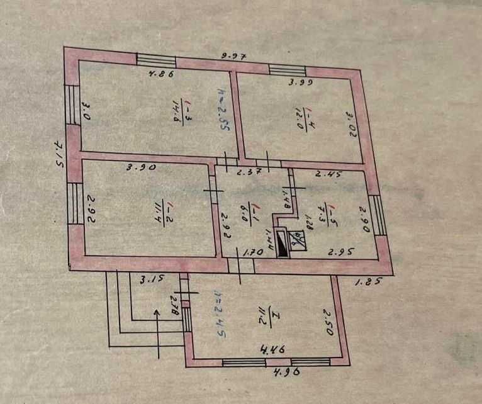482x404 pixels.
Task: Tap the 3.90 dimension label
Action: [x=141, y=168]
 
